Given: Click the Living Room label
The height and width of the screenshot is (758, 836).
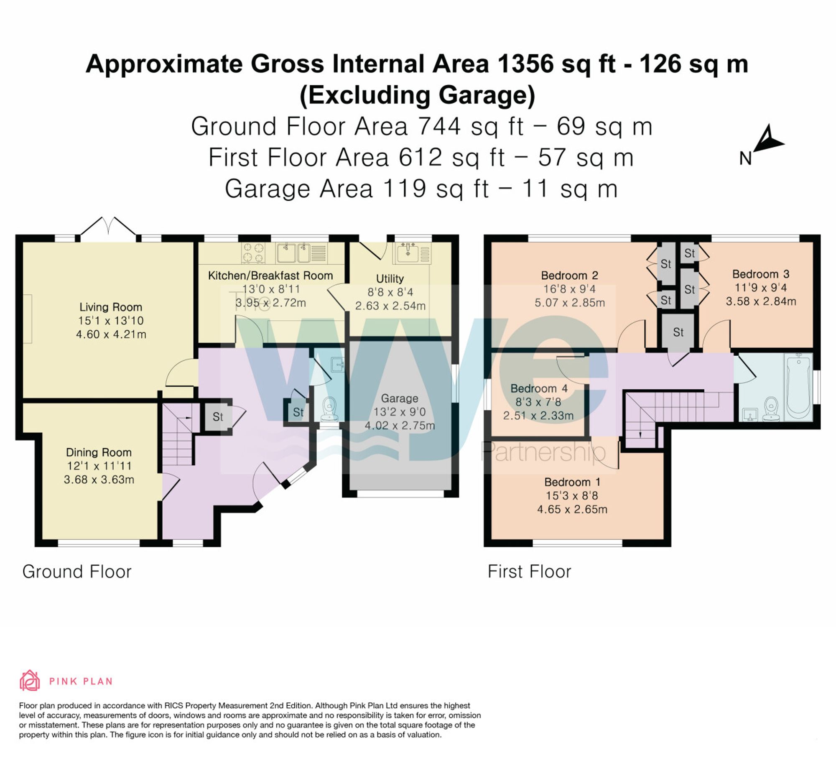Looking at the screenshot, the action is click(x=111, y=307).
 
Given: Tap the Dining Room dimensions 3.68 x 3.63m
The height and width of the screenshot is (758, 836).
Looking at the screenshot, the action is click(x=99, y=480).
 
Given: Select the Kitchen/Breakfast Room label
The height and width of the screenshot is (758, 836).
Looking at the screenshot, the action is click(x=270, y=276).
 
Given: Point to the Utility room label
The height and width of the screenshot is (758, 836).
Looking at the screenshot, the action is click(x=390, y=279).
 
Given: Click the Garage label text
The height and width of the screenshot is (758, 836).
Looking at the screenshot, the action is click(x=400, y=398).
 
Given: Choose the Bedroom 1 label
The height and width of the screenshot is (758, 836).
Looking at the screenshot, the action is click(x=572, y=482).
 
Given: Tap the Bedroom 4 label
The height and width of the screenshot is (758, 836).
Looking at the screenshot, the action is click(x=539, y=388).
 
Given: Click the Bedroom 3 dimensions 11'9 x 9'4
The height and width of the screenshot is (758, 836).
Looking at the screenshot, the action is click(x=761, y=288).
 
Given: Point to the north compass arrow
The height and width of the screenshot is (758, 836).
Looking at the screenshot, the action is click(x=769, y=140).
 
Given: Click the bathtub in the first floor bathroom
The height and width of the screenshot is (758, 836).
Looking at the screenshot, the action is click(x=798, y=386).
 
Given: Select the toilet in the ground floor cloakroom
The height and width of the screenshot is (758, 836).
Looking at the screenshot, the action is click(x=330, y=408).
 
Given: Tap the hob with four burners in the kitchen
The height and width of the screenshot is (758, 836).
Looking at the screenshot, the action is click(x=253, y=253).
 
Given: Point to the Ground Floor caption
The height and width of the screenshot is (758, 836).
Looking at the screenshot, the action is click(x=77, y=572).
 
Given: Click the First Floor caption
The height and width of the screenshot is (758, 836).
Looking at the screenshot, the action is click(x=529, y=572).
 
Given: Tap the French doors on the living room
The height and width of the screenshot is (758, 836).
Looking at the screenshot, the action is click(x=108, y=228).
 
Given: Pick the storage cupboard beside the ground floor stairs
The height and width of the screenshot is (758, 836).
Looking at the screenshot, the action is click(x=218, y=416).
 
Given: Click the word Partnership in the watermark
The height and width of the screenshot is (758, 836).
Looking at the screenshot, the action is click(x=543, y=452).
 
